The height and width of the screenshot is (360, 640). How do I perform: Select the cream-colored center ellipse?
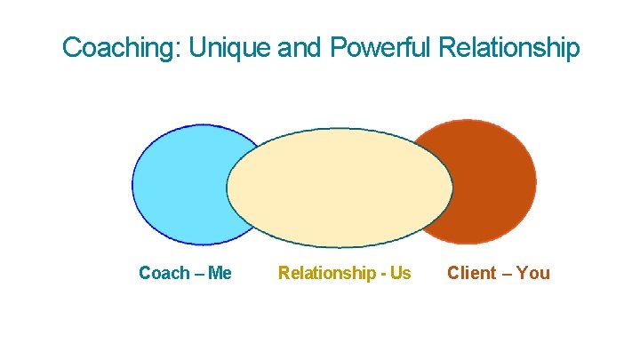pyautogui.click(x=340, y=188)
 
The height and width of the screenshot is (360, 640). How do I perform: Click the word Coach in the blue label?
pyautogui.click(x=163, y=273)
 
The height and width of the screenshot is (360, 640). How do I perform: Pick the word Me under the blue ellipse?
pyautogui.click(x=220, y=273)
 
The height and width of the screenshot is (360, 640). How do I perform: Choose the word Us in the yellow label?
pyautogui.click(x=400, y=273)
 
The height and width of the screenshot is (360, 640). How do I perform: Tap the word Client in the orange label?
pyautogui.click(x=472, y=273)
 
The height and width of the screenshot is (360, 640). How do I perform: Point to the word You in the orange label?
pyautogui.click(x=533, y=273)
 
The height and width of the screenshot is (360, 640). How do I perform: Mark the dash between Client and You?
pyautogui.click(x=507, y=274)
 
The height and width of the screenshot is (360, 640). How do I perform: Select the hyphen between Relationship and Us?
pyautogui.click(x=383, y=274)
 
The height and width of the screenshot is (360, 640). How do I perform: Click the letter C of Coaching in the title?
pyautogui.click(x=71, y=47)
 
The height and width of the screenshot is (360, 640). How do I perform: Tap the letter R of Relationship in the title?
pyautogui.click(x=452, y=47)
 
